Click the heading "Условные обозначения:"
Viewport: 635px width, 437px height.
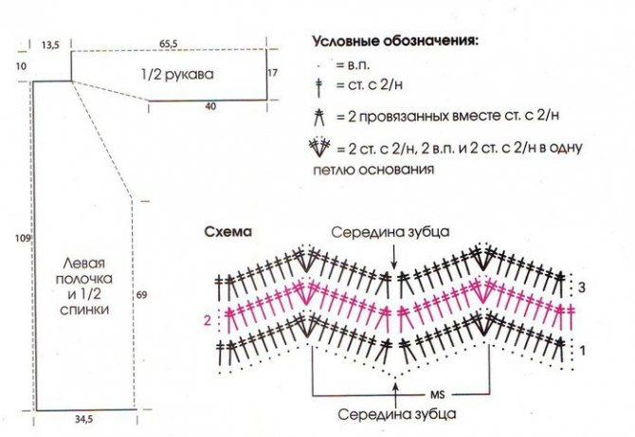point(395,42)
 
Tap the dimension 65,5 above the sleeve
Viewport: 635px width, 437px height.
point(168,44)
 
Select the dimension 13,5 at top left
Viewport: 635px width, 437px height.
point(50,45)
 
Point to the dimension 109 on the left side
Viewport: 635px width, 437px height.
point(23,239)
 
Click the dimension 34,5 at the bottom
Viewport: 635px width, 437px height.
point(83,420)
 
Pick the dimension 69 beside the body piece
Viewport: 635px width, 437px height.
point(141,295)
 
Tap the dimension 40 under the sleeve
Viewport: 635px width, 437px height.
point(210,106)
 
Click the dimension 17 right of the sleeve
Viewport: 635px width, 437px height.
point(273,73)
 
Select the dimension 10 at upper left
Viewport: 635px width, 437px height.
point(21,65)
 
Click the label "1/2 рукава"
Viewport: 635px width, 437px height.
point(177,75)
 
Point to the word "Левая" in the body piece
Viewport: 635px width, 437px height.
point(83,264)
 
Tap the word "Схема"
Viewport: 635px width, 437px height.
point(228,232)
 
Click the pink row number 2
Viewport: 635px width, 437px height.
point(208,320)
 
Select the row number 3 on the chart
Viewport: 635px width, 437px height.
point(582,287)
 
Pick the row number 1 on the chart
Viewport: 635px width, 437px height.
point(582,351)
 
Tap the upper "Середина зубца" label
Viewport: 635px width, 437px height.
point(390,232)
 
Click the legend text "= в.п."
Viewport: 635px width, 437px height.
point(353,64)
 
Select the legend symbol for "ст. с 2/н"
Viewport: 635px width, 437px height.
point(319,88)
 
